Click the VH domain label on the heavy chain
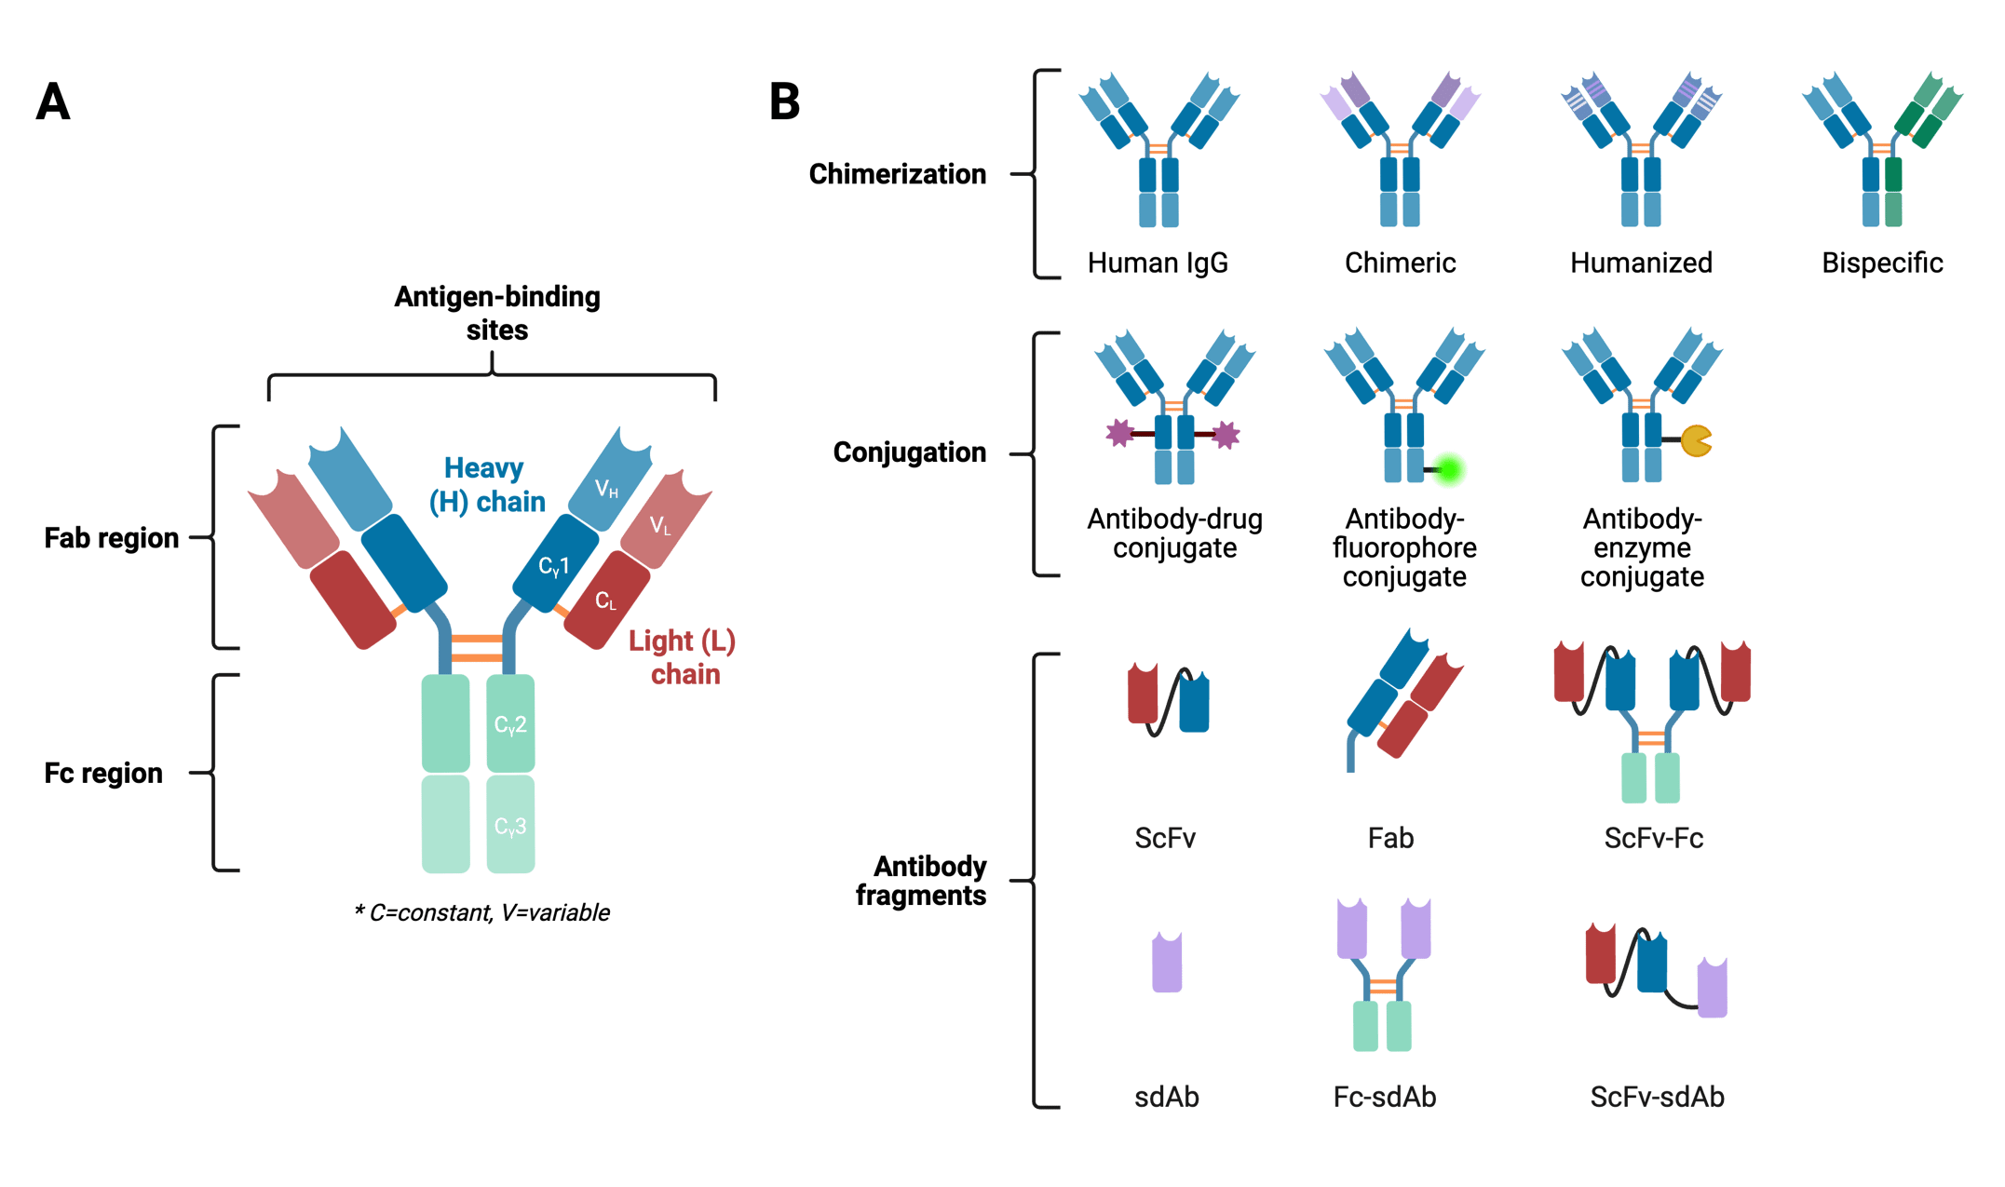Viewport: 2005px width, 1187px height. coord(606,489)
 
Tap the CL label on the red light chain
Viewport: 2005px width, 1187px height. coord(605,601)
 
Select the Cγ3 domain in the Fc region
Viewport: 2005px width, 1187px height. coord(510,826)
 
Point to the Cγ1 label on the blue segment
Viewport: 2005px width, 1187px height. coord(554,566)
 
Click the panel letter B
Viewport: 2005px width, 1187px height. coord(785,102)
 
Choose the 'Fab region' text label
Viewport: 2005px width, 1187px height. coord(112,538)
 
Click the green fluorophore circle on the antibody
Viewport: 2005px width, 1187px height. coord(1448,470)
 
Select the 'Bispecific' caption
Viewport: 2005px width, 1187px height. coord(1882,263)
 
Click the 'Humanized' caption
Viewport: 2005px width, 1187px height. coord(1641,263)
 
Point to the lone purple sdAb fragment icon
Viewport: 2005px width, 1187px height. coord(1167,963)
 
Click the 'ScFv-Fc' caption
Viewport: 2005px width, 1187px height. coord(1653,838)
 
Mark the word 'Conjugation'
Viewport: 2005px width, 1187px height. coord(909,452)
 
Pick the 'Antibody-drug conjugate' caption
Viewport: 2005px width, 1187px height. coord(1174,533)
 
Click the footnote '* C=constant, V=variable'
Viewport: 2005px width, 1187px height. coord(481,912)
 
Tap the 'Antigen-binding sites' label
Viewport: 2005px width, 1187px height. coord(496,313)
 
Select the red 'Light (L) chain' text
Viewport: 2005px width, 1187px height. coord(683,656)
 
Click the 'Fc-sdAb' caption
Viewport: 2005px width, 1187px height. coord(1384,1097)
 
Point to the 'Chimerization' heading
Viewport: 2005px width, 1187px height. coord(897,174)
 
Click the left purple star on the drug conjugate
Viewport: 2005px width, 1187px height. coord(1118,433)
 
